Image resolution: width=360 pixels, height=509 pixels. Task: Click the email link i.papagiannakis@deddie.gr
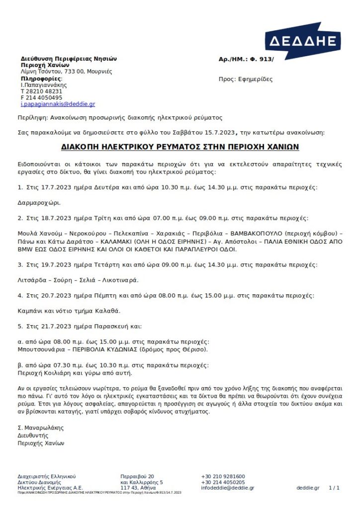pyautogui.click(x=58, y=104)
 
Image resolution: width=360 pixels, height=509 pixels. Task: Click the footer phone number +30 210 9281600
pyautogui.click(x=223, y=476)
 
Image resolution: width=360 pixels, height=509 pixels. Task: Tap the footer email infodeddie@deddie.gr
pyautogui.click(x=227, y=488)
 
